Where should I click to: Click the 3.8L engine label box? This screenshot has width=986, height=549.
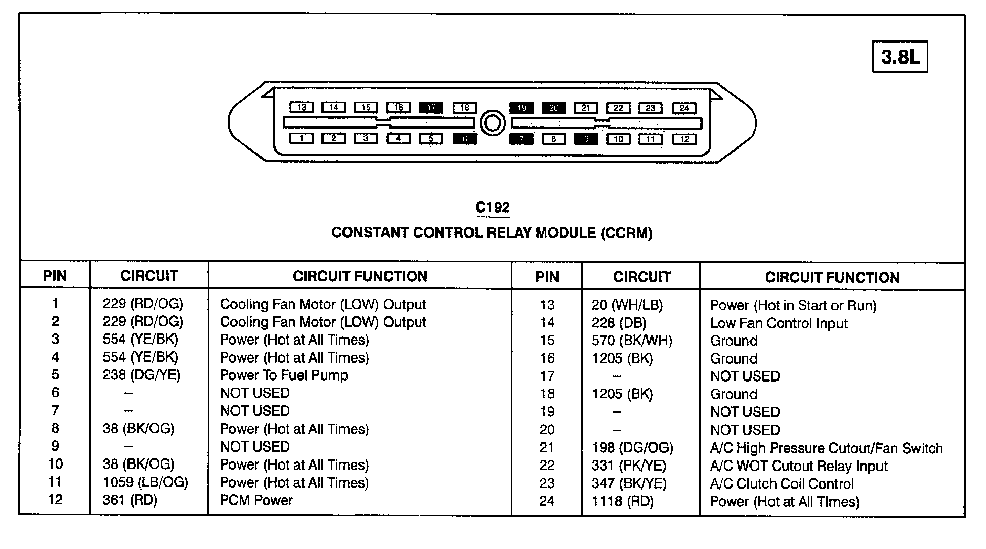tap(899, 57)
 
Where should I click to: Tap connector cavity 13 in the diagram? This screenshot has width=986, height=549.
tap(302, 108)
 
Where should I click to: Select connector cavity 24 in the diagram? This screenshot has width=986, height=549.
tap(684, 108)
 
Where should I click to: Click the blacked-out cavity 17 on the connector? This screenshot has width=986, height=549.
tap(431, 108)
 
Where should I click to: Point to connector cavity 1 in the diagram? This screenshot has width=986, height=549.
tap(302, 138)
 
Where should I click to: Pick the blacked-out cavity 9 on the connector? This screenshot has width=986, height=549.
tap(586, 139)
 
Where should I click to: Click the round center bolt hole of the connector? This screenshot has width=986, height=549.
tap(493, 123)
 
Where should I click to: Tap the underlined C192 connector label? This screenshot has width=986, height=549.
tap(492, 207)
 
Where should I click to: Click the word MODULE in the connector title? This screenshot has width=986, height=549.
tap(566, 233)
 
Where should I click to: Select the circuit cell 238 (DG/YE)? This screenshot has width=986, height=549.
tap(141, 375)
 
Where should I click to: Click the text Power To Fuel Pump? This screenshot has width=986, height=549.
tap(284, 375)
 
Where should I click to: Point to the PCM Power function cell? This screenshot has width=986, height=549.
tap(256, 500)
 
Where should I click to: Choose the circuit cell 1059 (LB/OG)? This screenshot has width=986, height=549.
tap(145, 482)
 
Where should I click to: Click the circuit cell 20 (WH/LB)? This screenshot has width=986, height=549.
tap(627, 305)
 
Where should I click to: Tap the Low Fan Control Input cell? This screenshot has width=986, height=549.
tap(778, 323)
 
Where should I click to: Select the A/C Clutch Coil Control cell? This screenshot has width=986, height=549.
tap(782, 484)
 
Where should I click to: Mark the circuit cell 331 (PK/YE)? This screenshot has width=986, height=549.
tap(629, 466)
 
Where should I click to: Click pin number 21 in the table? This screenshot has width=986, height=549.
tap(547, 448)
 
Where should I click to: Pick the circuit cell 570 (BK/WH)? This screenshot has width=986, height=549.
tap(632, 341)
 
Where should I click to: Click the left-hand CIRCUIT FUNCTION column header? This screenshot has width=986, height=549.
tap(360, 277)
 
